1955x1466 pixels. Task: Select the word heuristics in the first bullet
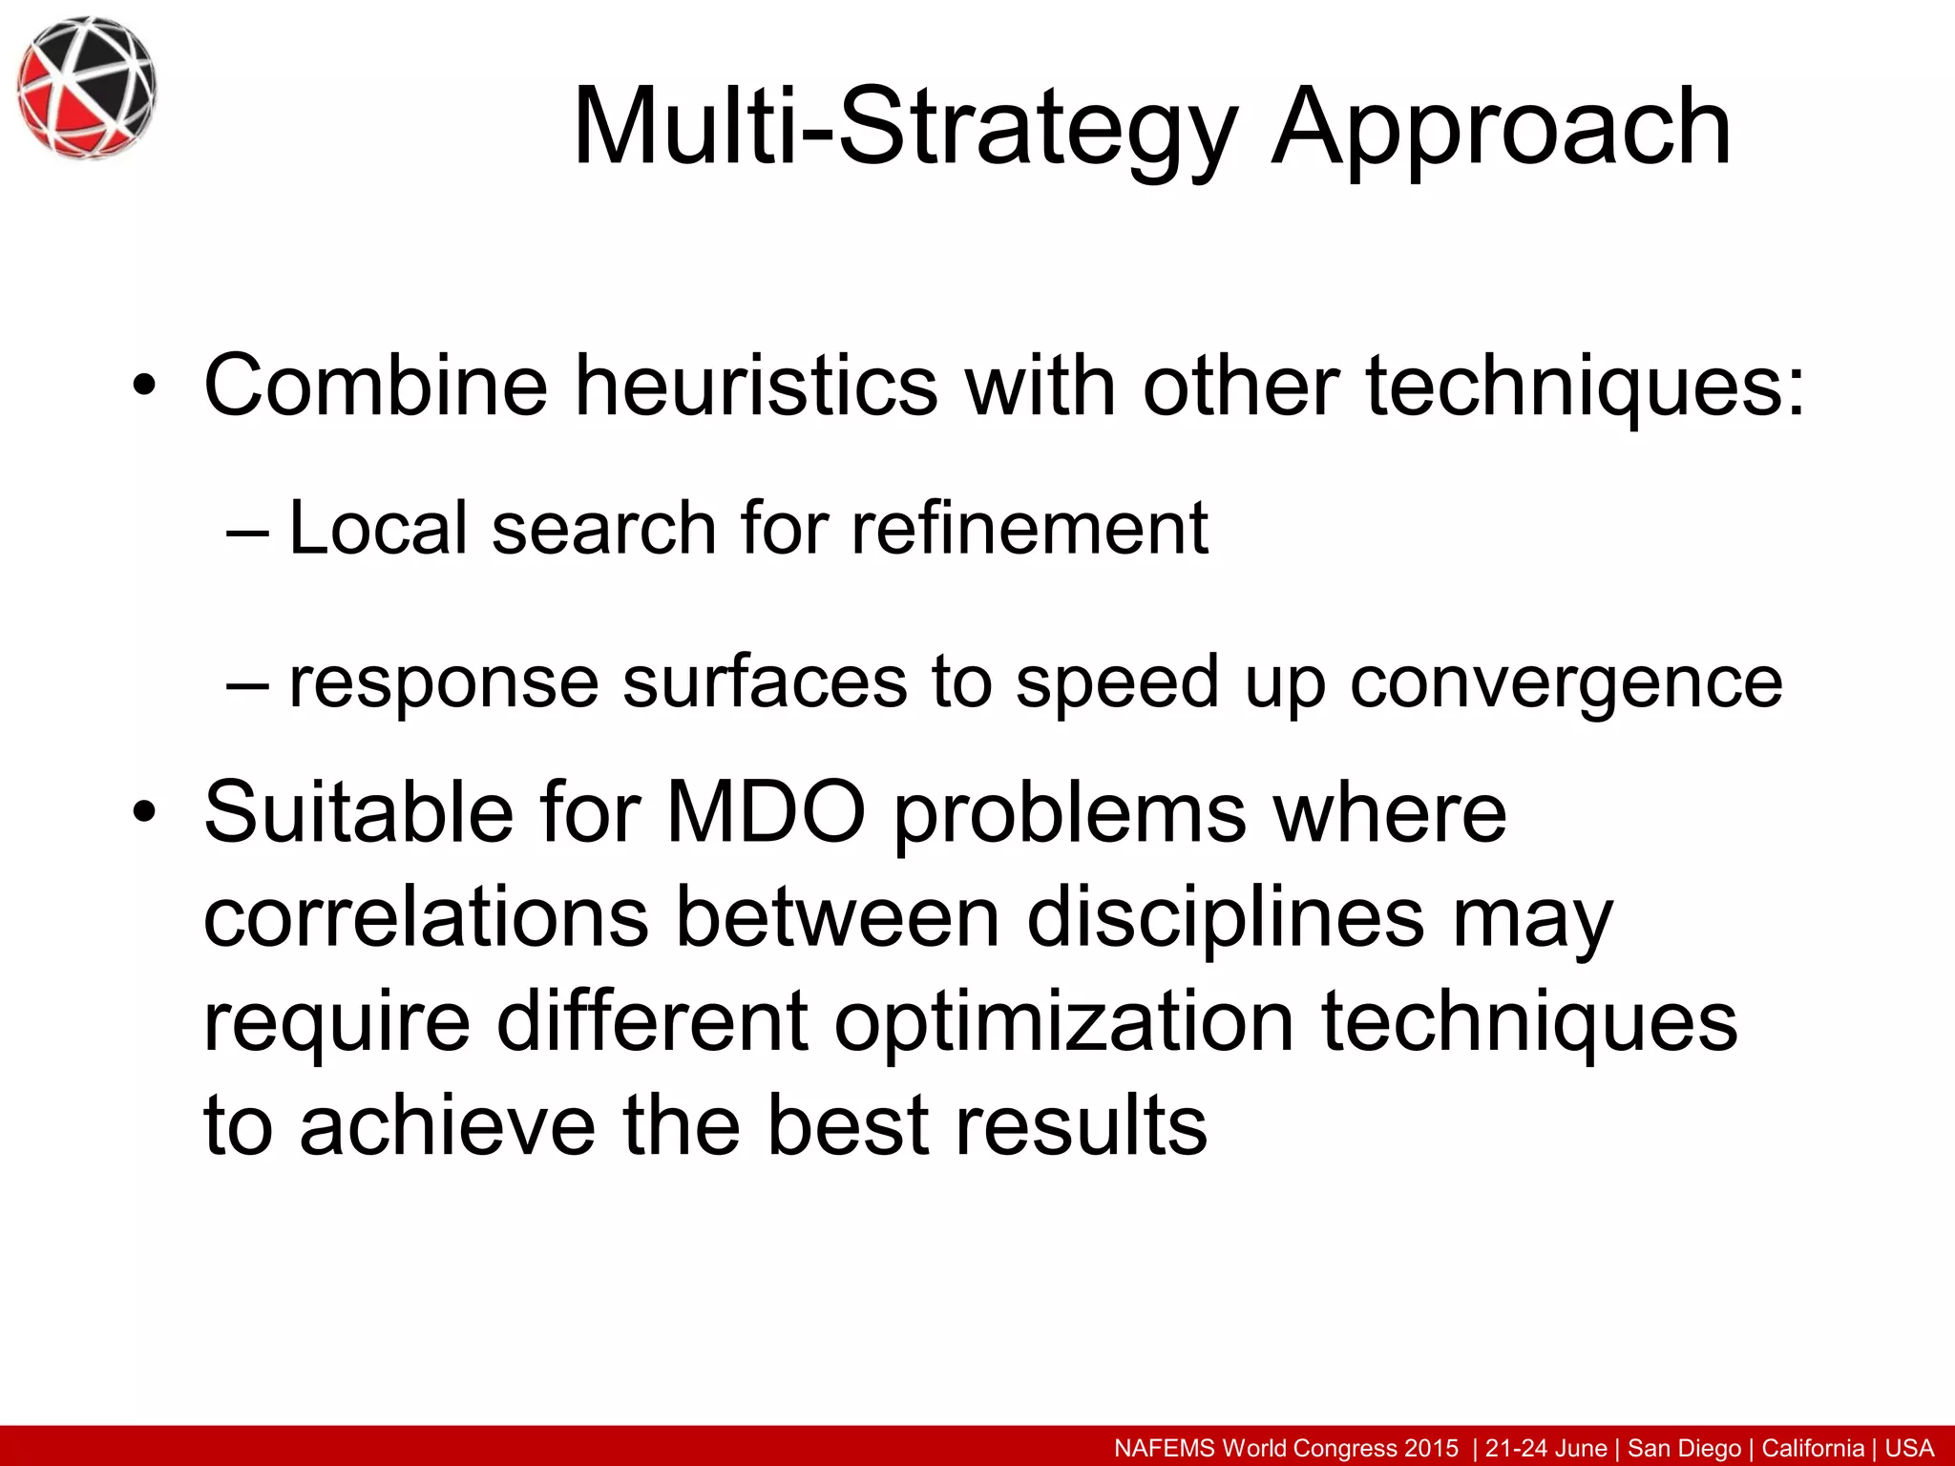[756, 386]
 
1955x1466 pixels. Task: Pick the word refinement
[1029, 528]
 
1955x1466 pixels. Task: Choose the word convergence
[1566, 683]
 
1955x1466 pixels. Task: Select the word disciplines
[1226, 917]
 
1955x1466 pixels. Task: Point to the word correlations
[427, 917]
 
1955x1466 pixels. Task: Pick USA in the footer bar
[1909, 1448]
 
